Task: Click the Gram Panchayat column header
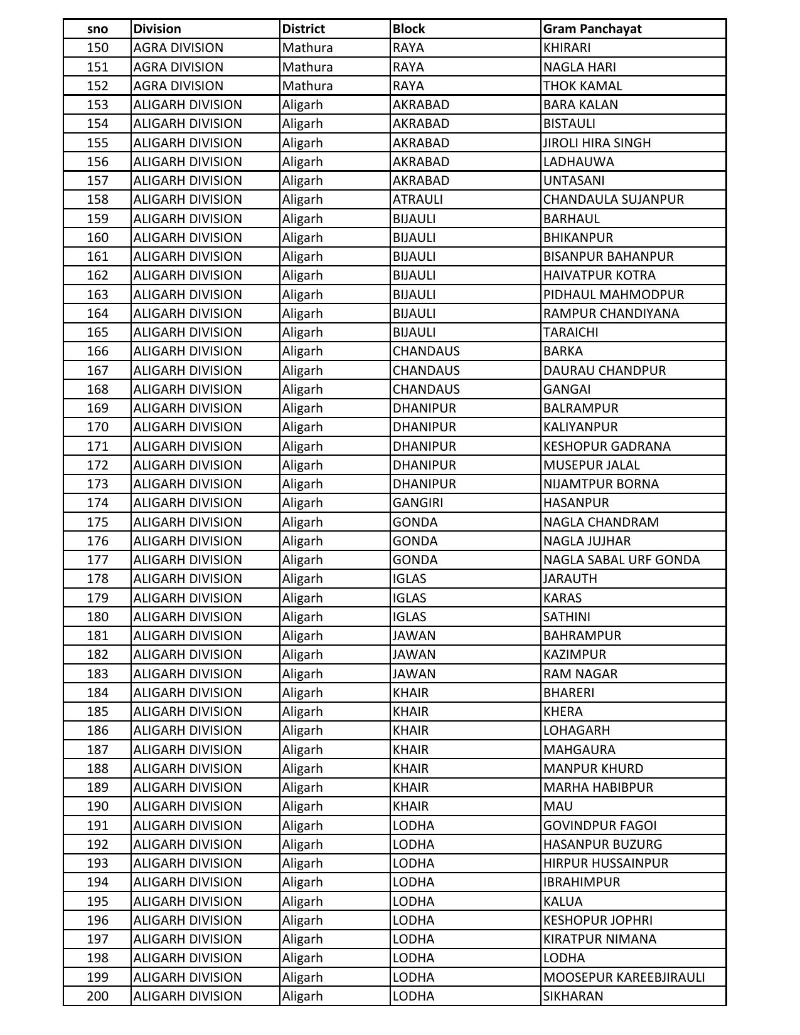coord(592,29)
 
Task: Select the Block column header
coord(409,29)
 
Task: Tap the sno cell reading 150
coord(97,48)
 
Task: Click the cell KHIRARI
coord(567,48)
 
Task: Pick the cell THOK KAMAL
coord(582,86)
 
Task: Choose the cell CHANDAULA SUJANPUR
coord(613,199)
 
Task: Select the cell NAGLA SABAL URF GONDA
coord(621,560)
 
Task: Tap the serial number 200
coord(97,996)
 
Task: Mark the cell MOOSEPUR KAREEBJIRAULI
coord(624,977)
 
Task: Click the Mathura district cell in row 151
coord(307,67)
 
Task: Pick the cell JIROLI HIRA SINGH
coord(597,143)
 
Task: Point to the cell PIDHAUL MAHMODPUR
coord(613,295)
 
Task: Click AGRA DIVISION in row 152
coord(178,86)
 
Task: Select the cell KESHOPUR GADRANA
coord(607,446)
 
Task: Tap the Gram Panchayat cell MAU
coord(558,806)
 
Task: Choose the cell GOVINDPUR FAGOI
coord(600,826)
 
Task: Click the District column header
coord(304,29)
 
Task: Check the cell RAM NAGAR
coord(580,674)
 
